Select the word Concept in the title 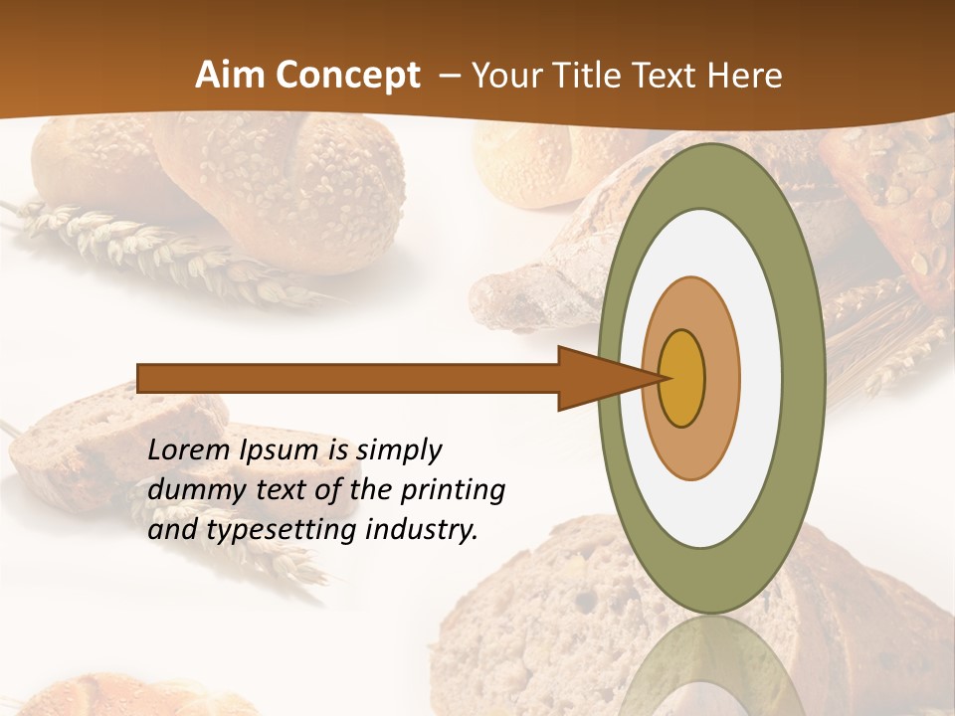coord(348,76)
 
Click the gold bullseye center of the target coord(682,378)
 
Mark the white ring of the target coord(761,378)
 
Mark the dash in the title coord(449,76)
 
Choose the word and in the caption coord(171,530)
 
